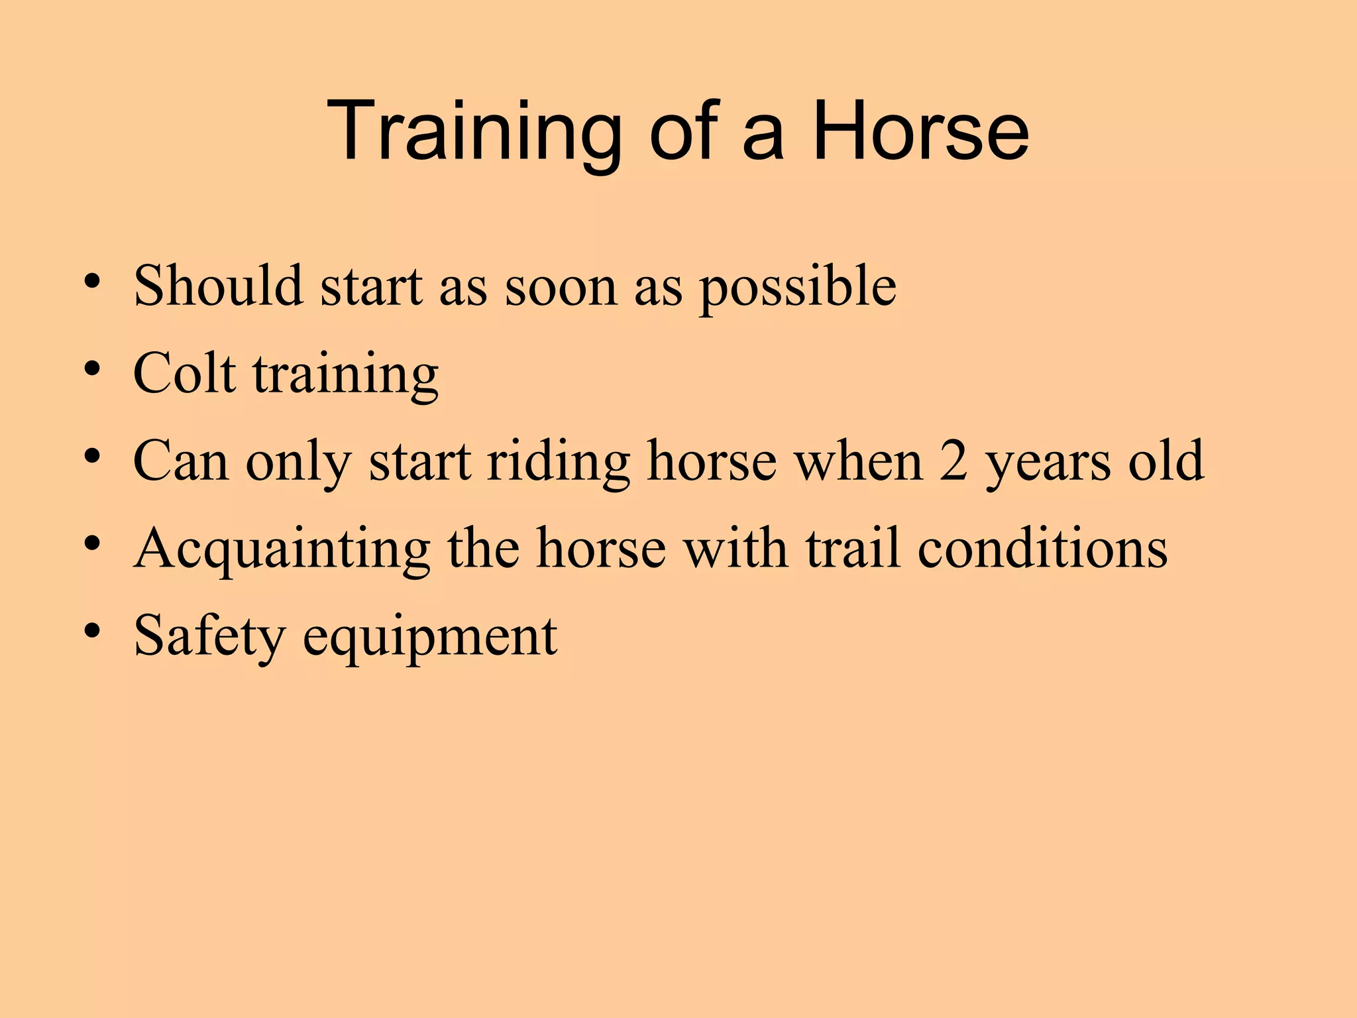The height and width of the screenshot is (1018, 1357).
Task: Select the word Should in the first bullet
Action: pyautogui.click(x=218, y=286)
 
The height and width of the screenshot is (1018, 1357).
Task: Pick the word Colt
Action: pyautogui.click(x=184, y=373)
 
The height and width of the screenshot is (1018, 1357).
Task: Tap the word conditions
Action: pyautogui.click(x=1042, y=548)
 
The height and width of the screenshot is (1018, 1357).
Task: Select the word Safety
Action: pyautogui.click(x=209, y=637)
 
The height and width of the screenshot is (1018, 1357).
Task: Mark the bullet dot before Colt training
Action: pyautogui.click(x=92, y=368)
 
